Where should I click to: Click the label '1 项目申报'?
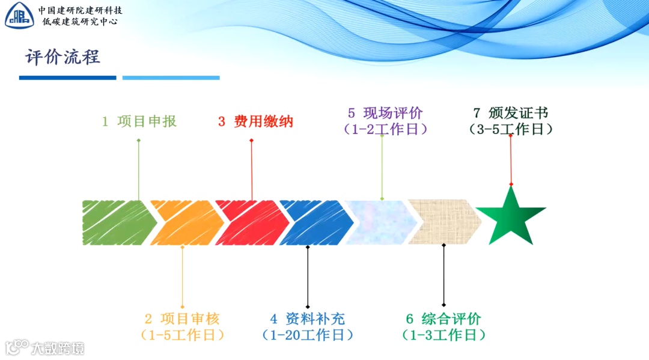pyautogui.click(x=139, y=121)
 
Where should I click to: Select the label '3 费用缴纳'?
pyautogui.click(x=255, y=121)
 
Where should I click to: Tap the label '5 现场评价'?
pyautogui.click(x=385, y=113)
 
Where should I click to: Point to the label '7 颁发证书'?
pyautogui.click(x=511, y=113)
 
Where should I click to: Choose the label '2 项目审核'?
pyautogui.click(x=183, y=319)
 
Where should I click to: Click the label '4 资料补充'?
pyautogui.click(x=308, y=319)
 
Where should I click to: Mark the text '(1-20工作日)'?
pyautogui.click(x=308, y=335)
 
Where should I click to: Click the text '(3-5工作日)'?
pyautogui.click(x=511, y=129)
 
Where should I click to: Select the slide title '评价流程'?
pyautogui.click(x=62, y=58)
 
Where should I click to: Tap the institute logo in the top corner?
pyautogui.click(x=19, y=16)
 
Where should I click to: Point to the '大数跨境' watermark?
pyautogui.click(x=44, y=347)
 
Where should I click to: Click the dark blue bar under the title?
pyautogui.click(x=67, y=78)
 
